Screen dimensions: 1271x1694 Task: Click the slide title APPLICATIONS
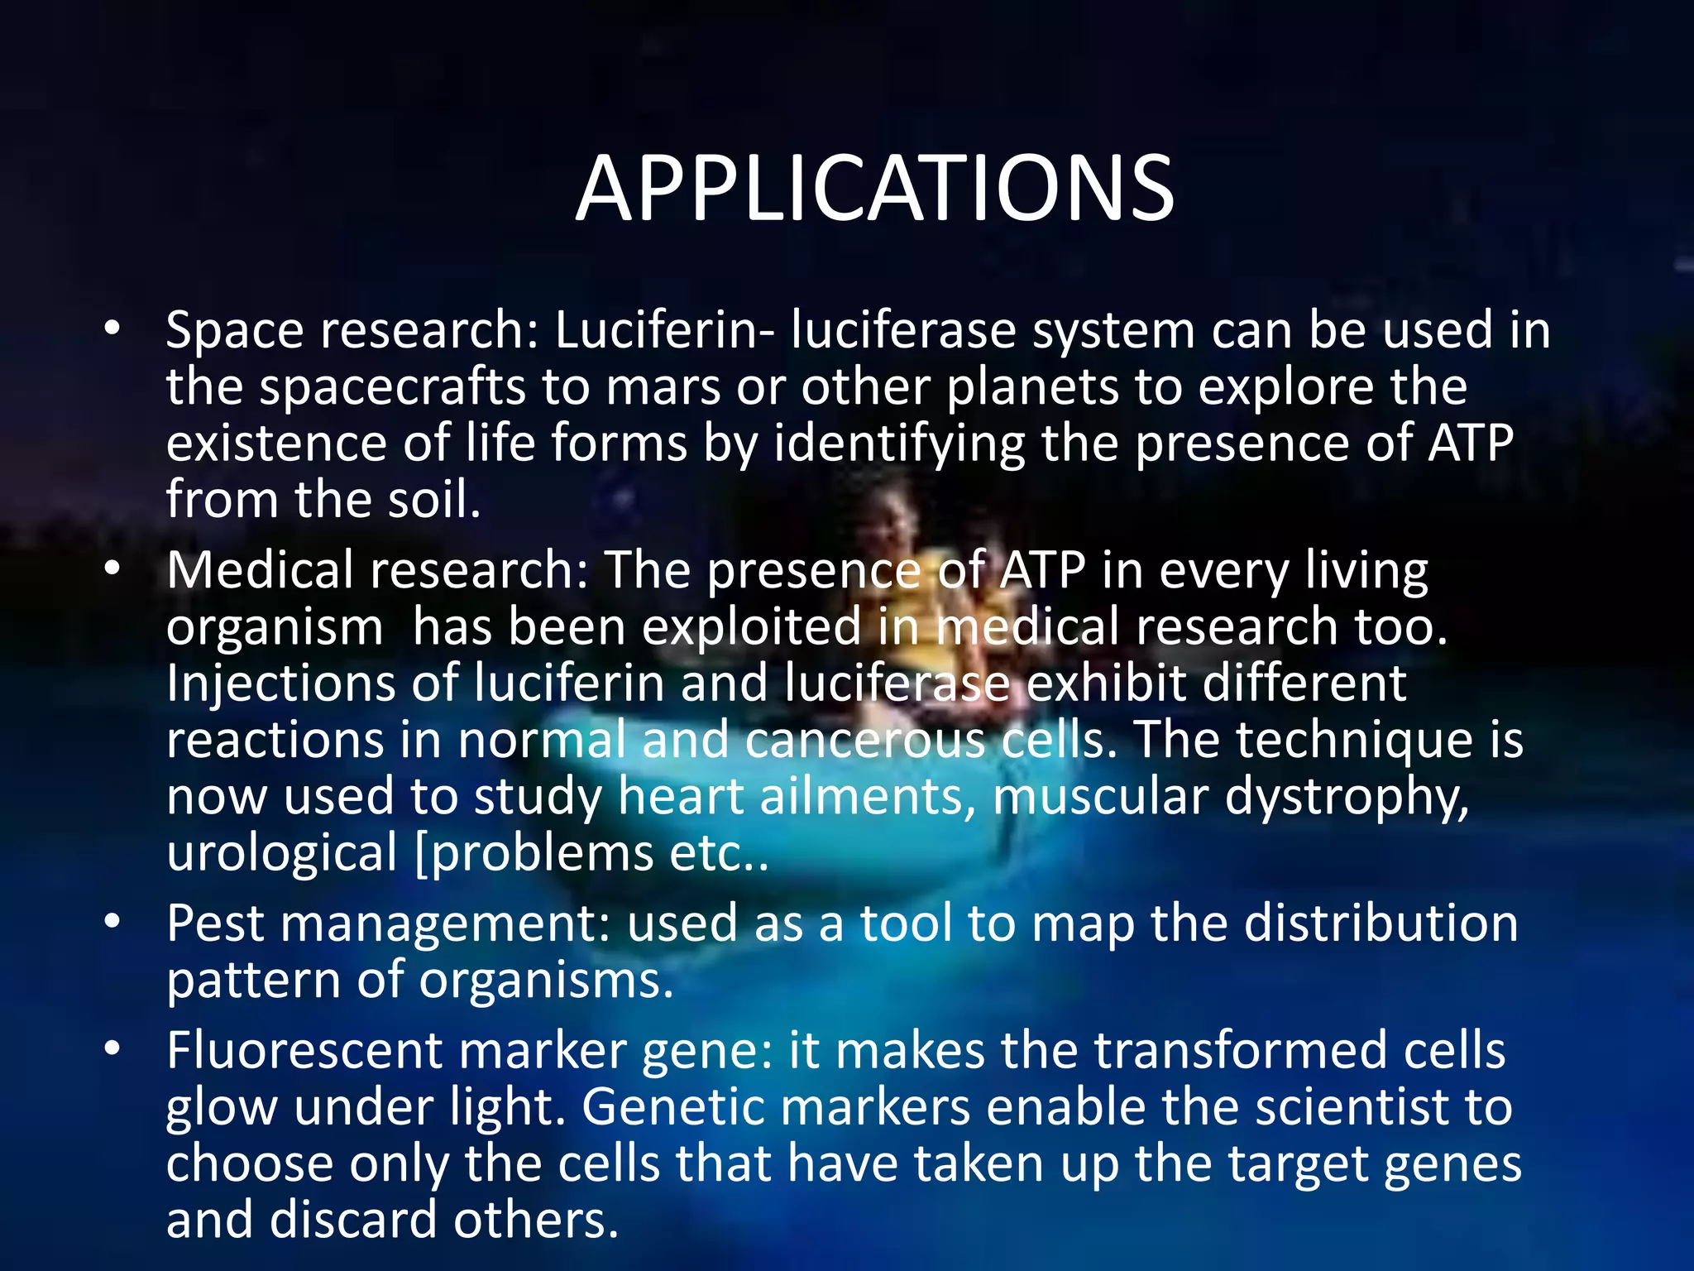tap(874, 189)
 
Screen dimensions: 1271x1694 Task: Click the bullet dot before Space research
tap(112, 329)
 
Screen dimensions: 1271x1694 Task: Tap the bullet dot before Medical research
tap(112, 568)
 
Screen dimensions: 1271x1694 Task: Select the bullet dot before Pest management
tap(112, 921)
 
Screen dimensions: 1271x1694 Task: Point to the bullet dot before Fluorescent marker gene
tap(112, 1048)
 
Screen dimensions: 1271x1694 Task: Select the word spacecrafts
tap(393, 388)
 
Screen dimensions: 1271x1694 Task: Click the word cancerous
tap(864, 740)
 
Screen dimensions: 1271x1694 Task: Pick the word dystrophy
tap(1346, 798)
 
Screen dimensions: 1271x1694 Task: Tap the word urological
tap(282, 853)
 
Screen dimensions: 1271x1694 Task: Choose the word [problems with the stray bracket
tap(533, 855)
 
